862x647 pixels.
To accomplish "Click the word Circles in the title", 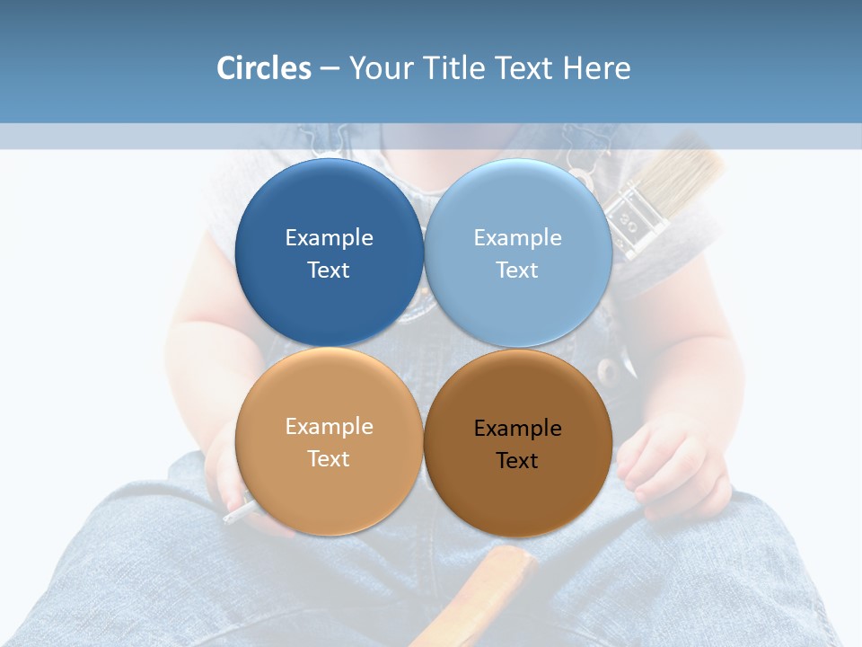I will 264,68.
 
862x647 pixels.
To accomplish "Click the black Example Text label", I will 517,444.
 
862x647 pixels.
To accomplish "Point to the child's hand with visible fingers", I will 670,467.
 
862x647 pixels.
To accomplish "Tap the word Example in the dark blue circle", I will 329,237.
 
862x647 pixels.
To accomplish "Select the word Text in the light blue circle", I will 517,270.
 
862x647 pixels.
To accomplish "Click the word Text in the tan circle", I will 329,458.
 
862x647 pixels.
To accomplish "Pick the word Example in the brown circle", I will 517,428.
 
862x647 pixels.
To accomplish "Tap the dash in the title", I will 330,68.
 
